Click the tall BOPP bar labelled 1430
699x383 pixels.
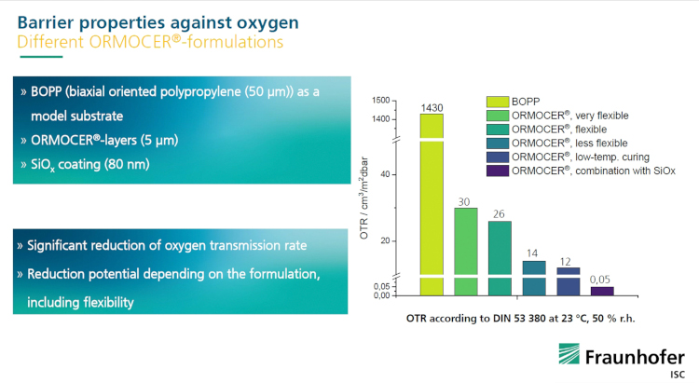[x=432, y=205]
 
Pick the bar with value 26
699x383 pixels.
[x=500, y=257]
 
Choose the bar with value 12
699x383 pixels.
[x=569, y=281]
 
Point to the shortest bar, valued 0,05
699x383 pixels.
[x=602, y=291]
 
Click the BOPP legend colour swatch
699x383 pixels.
[x=497, y=101]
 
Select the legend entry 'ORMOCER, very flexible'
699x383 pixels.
[x=569, y=115]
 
